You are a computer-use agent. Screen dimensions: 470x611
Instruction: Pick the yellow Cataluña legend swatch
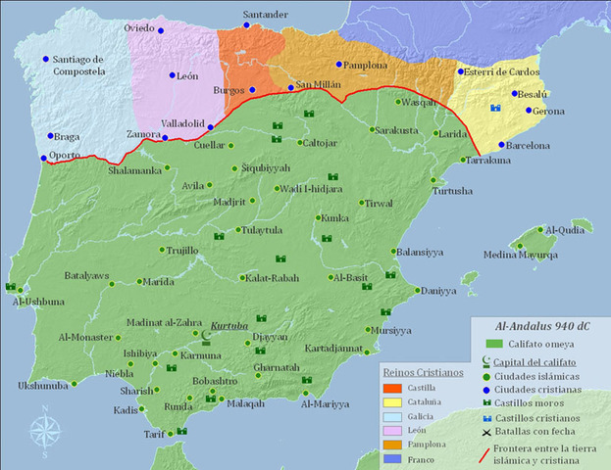pyautogui.click(x=394, y=403)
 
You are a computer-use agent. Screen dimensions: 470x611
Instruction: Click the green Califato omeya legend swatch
pyautogui.click(x=496, y=344)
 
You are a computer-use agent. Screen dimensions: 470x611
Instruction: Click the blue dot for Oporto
pyautogui.click(x=42, y=157)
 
